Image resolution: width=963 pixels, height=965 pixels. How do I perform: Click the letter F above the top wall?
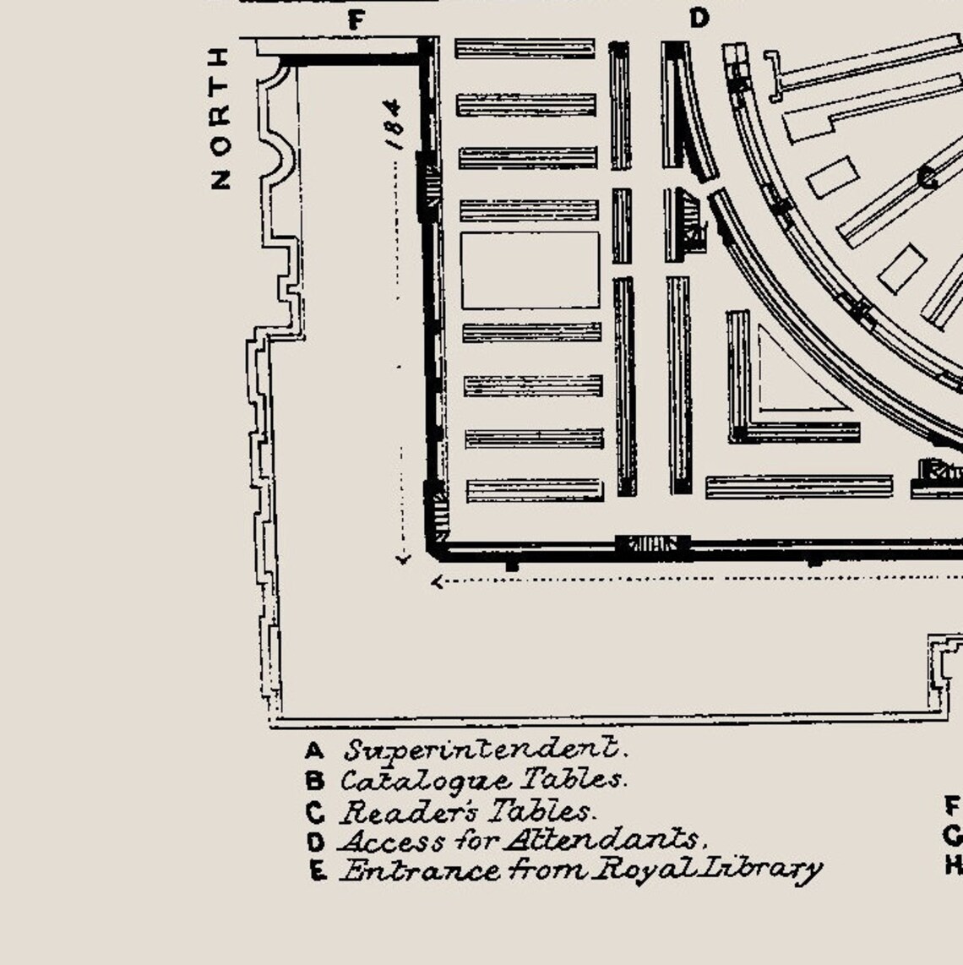pos(356,20)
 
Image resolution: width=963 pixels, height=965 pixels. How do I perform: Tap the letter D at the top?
pos(699,18)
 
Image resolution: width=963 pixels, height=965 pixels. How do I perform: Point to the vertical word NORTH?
pos(220,118)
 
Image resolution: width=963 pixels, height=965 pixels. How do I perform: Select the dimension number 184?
pos(394,123)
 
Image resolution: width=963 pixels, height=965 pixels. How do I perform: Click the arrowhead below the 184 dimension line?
pos(403,559)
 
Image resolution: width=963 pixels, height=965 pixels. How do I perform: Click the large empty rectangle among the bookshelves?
pos(530,270)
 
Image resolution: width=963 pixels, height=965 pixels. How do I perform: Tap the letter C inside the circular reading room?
pos(927,178)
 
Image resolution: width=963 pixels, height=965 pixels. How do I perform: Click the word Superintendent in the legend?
pos(485,750)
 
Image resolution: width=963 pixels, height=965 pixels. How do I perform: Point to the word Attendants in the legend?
pos(604,841)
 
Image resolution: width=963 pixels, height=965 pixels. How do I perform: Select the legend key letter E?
pos(317,870)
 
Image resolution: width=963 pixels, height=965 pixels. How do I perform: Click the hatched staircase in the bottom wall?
pos(652,545)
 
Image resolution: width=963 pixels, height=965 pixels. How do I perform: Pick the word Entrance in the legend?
pos(394,870)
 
